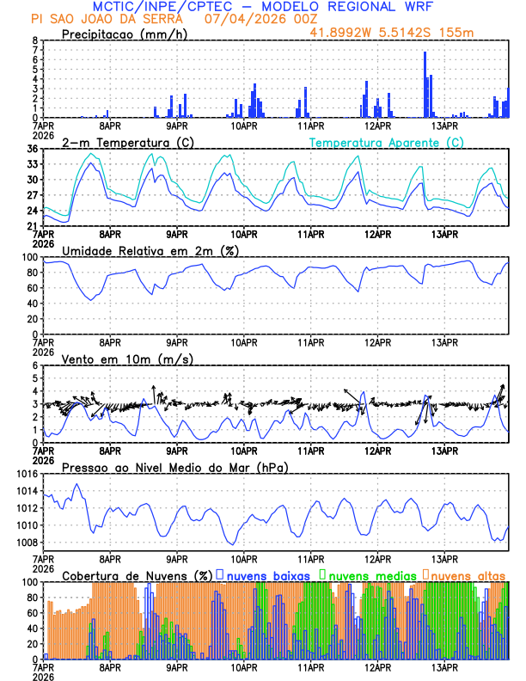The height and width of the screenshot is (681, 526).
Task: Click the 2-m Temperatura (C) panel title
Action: coord(122,142)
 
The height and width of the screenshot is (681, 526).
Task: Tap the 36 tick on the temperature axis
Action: coord(33,149)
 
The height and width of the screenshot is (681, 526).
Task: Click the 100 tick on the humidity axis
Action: coord(30,257)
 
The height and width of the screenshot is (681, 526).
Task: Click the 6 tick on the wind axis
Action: coord(35,365)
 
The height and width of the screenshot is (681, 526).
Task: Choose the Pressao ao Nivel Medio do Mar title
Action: coord(174,467)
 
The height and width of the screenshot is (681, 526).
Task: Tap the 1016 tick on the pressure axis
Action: coord(26,474)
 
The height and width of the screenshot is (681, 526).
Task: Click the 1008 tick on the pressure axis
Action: coord(26,543)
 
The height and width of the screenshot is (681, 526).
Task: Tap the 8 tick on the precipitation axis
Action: coord(35,40)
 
